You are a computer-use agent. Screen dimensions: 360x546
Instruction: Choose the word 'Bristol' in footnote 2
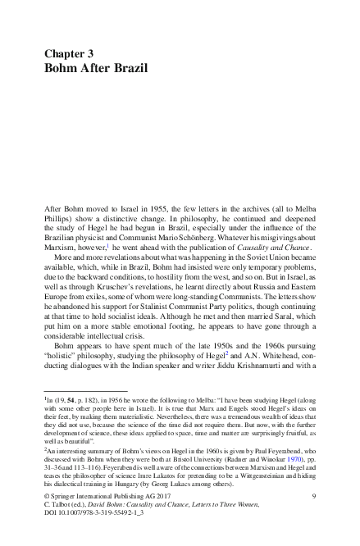[192, 471]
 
